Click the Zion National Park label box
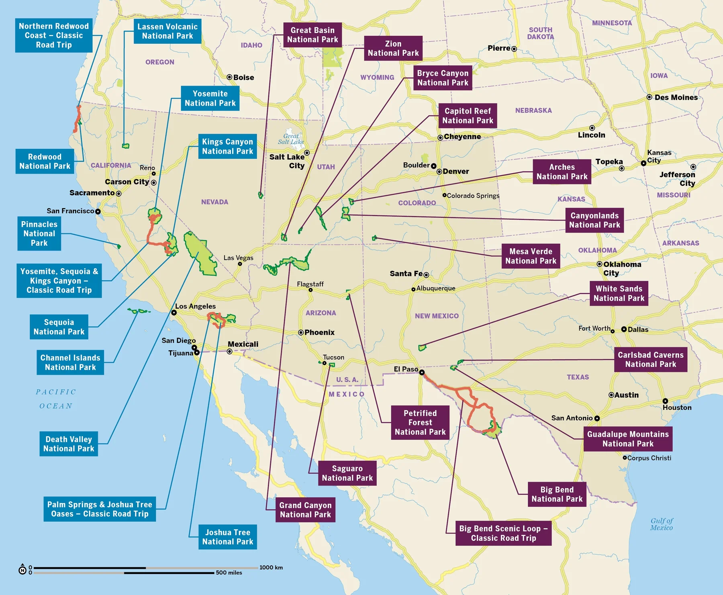(393, 48)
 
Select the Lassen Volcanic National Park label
(167, 31)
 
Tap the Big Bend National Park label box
(557, 494)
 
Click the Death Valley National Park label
(69, 444)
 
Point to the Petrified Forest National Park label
(420, 422)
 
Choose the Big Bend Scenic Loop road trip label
(503, 533)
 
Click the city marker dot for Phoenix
(301, 332)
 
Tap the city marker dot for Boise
(229, 77)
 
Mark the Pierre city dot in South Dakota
(514, 49)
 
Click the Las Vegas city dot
(240, 264)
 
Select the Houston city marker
(665, 401)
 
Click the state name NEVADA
(214, 202)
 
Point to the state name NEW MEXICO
(437, 316)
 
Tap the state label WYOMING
(377, 77)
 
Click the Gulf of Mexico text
(662, 524)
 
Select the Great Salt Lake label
(291, 139)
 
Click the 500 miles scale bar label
(229, 573)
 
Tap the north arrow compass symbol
(22, 569)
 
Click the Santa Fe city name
(406, 274)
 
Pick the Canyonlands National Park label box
(594, 220)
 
